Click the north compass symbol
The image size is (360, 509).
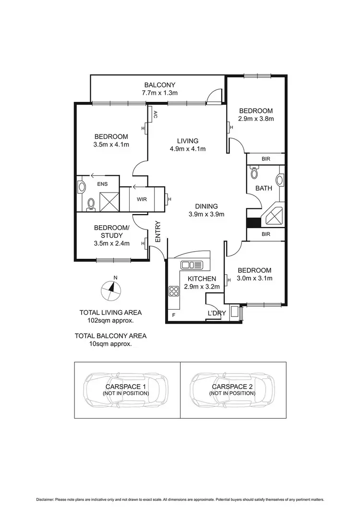pos(112,289)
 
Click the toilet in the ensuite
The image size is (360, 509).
pos(90,204)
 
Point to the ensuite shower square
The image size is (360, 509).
pos(108,199)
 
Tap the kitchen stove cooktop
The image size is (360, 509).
pos(173,291)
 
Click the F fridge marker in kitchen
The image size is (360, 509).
pos(173,315)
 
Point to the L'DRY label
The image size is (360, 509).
pos(216,313)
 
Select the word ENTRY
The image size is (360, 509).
pos(157,231)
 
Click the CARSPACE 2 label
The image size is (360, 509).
pos(232,386)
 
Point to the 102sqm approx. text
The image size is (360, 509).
pos(110,320)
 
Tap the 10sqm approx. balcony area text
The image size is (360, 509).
pos(110,344)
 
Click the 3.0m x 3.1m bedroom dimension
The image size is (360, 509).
pos(254,279)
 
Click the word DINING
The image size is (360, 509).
pos(206,206)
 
